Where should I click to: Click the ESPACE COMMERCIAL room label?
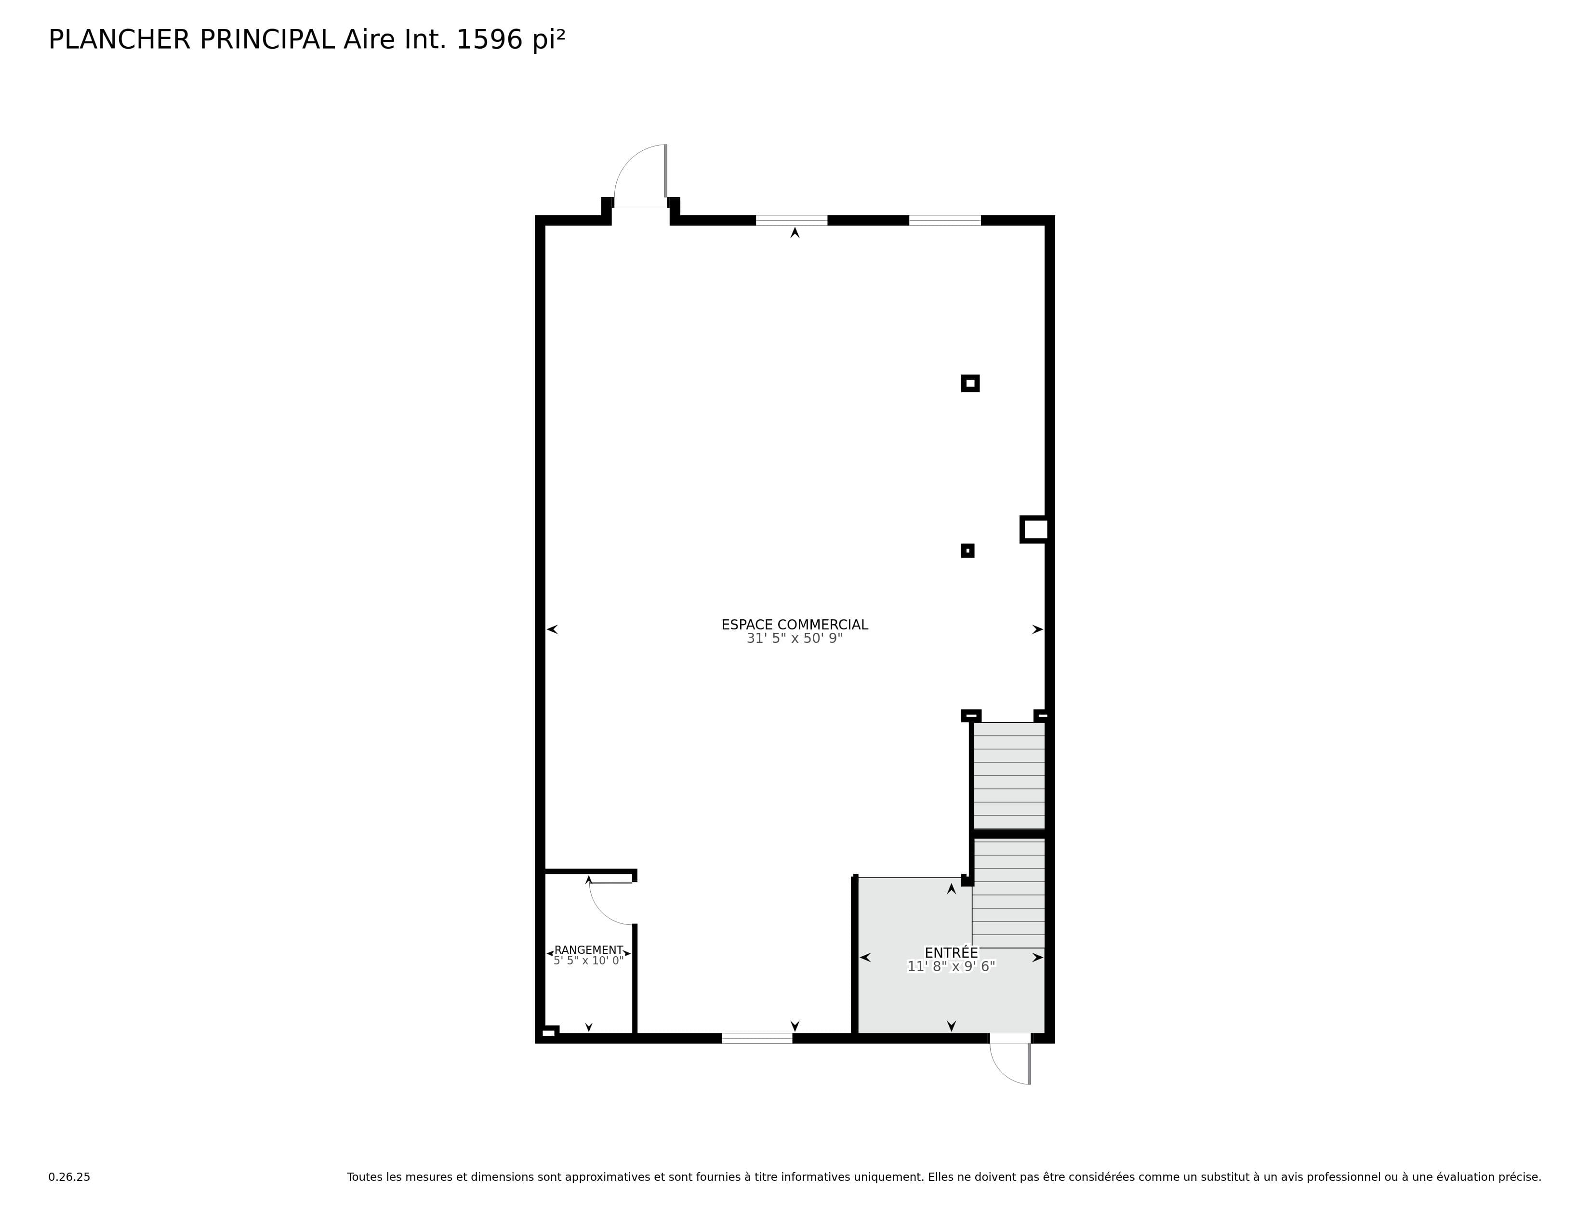[794, 625]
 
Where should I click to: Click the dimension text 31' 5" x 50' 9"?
[794, 639]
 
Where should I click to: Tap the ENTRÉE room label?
[951, 952]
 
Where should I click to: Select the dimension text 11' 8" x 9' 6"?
[951, 967]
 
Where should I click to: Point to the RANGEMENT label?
[588, 949]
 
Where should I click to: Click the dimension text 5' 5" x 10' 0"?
[588, 961]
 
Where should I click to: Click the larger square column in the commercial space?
[970, 383]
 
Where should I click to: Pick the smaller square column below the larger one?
[967, 551]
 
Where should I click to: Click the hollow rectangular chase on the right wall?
[1034, 529]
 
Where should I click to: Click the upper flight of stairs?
[1009, 775]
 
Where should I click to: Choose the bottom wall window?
[757, 1038]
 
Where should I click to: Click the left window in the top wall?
[791, 221]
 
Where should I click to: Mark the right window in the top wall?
[945, 221]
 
